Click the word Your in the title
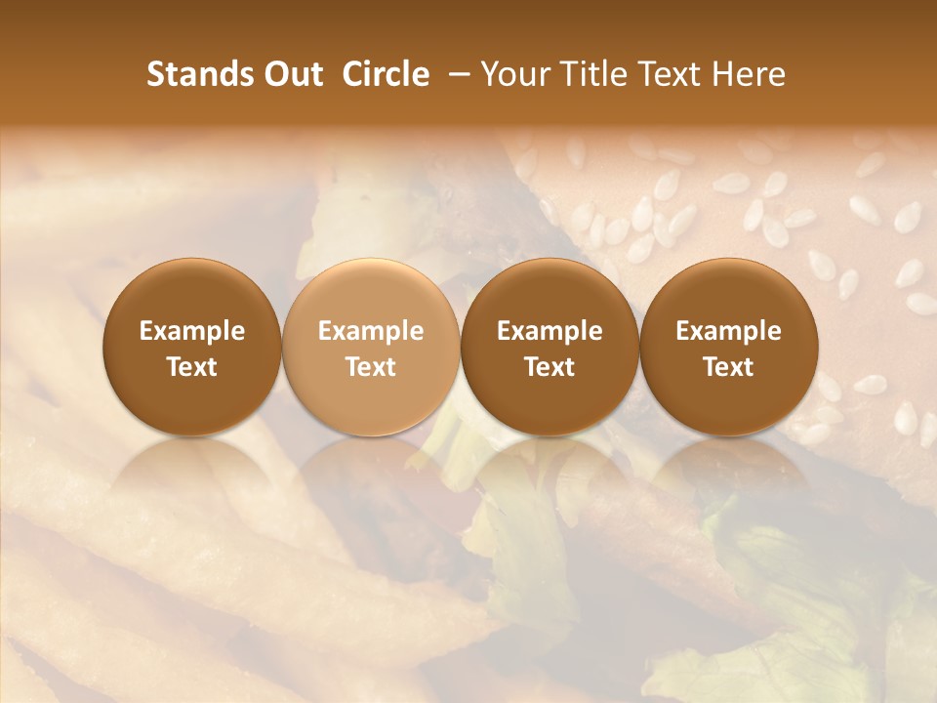tap(514, 74)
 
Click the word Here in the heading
tap(749, 74)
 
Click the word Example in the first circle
tap(191, 332)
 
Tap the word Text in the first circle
tap(191, 367)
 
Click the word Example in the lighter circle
tap(371, 332)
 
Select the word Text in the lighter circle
tap(371, 367)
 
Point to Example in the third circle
tap(550, 332)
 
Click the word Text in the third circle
tap(550, 367)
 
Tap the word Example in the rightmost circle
tap(728, 332)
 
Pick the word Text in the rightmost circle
tap(728, 367)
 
